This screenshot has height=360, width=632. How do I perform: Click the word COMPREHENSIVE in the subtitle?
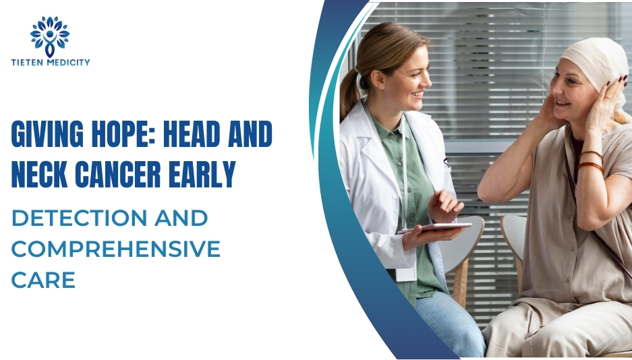pyautogui.click(x=115, y=249)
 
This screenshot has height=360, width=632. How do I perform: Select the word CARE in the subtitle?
pyautogui.click(x=42, y=280)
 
